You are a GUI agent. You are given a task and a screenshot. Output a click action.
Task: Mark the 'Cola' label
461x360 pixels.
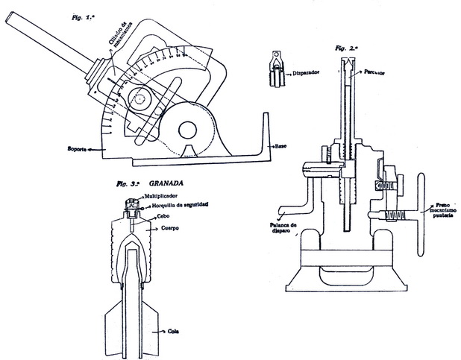175,333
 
